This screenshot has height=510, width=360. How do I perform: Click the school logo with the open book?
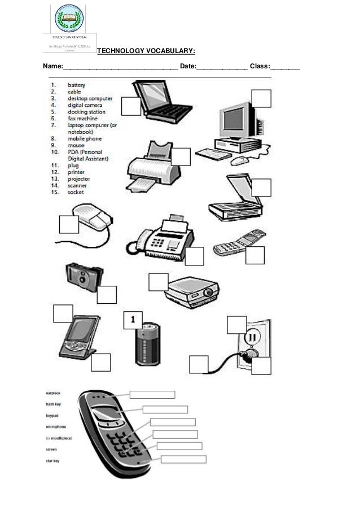pyautogui.click(x=71, y=18)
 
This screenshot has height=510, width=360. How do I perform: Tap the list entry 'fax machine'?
pyautogui.click(x=82, y=119)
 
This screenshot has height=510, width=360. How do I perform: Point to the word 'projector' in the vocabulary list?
pyautogui.click(x=80, y=178)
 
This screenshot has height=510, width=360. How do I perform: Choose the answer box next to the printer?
pyautogui.click(x=182, y=156)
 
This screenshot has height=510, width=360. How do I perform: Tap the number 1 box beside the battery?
pyautogui.click(x=133, y=319)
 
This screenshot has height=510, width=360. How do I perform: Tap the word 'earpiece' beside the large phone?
pyautogui.click(x=53, y=393)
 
